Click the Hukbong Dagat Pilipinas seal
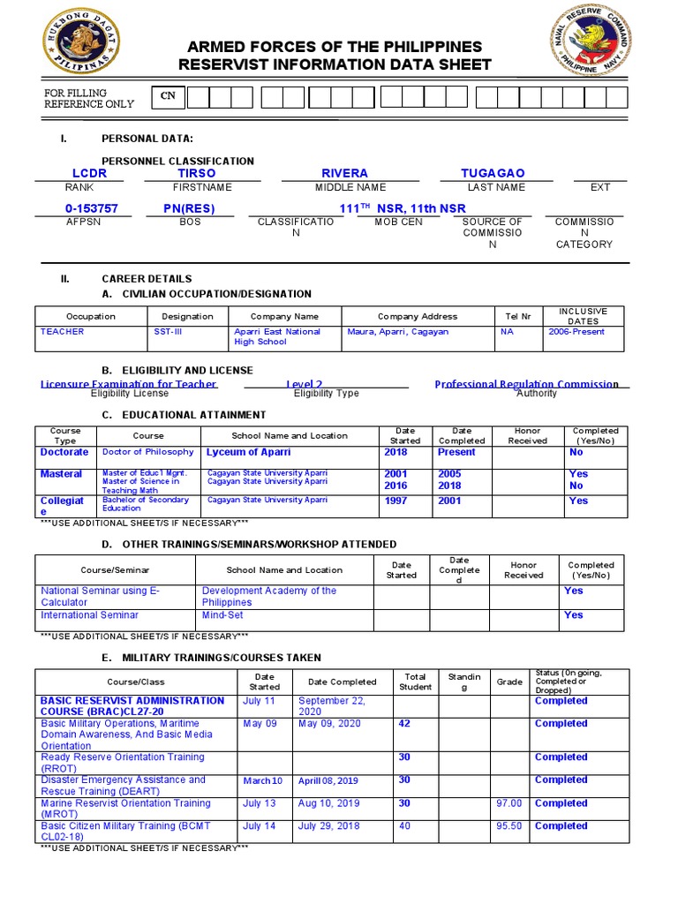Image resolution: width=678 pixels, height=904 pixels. tap(81, 41)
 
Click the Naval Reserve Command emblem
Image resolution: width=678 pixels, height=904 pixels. tap(591, 41)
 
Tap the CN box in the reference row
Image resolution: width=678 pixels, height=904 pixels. tap(167, 96)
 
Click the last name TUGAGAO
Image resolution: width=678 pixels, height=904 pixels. tap(493, 174)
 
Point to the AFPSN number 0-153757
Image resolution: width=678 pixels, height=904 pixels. tap(92, 208)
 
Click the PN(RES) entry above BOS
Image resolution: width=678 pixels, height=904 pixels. tap(189, 208)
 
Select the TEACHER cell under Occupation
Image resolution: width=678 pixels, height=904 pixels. tap(63, 332)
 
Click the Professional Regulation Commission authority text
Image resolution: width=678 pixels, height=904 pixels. tap(526, 384)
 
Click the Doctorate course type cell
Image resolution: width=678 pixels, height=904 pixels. tap(64, 452)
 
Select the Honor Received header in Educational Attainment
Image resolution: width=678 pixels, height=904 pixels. tap(527, 436)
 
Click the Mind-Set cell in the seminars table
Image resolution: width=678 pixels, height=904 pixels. tap(222, 615)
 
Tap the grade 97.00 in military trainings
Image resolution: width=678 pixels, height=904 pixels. tap(509, 803)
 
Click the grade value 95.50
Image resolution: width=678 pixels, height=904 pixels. tap(509, 826)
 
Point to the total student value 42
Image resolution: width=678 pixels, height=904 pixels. tap(404, 724)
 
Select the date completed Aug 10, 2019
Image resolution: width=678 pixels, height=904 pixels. tap(328, 803)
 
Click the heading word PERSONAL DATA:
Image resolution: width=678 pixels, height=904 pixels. tap(147, 139)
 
